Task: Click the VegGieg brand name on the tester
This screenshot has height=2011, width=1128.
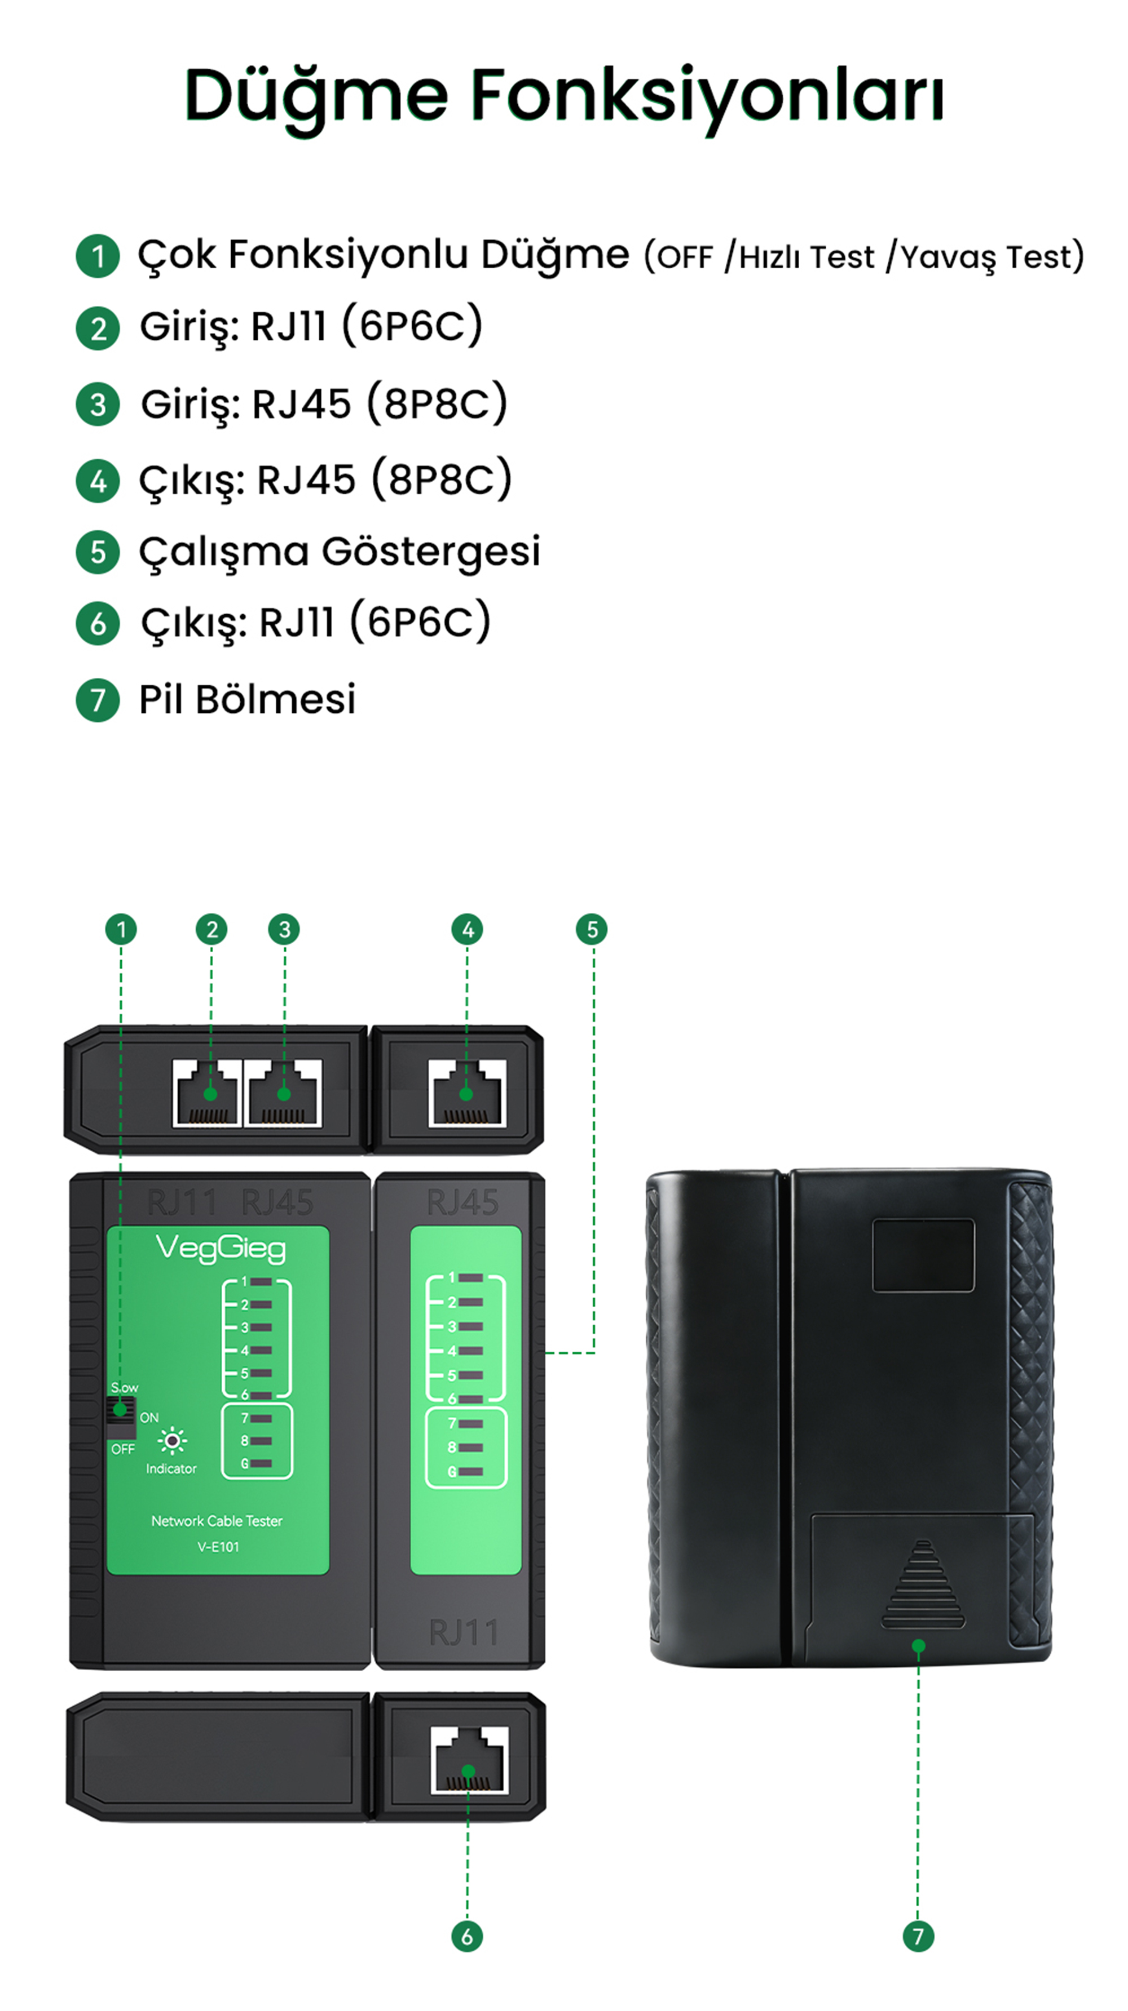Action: coord(221,1248)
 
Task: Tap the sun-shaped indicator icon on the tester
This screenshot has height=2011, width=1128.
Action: coord(172,1440)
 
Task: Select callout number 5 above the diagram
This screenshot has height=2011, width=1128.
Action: coord(591,929)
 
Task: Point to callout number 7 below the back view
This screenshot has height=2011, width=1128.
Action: coord(918,1935)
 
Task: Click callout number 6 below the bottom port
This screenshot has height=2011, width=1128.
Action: coord(467,1935)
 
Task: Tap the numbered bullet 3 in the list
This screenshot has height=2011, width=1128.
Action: coord(98,405)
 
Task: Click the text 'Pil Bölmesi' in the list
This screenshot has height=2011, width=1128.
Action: coord(247,699)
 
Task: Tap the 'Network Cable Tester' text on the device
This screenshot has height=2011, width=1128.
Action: coord(217,1521)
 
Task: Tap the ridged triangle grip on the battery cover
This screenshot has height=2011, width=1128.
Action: coord(923,1585)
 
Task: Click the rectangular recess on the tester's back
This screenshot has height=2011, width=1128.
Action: coord(923,1255)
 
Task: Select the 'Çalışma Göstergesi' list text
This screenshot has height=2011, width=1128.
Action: coord(339,551)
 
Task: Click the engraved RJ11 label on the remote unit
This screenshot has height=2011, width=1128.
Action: coord(463,1632)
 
